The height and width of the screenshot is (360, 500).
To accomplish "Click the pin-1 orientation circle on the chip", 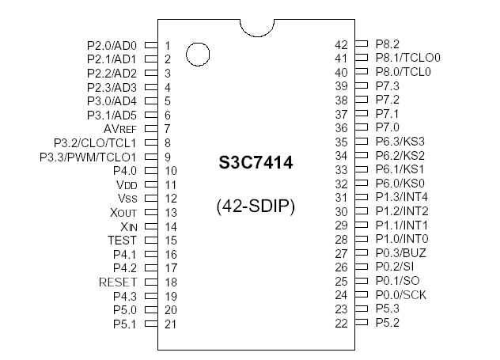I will pyautogui.click(x=198, y=55).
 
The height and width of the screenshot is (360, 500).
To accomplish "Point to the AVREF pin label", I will pyautogui.click(x=121, y=128).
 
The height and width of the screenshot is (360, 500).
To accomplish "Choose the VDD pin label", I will pyautogui.click(x=127, y=184).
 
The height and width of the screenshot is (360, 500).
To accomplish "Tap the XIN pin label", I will pyautogui.click(x=127, y=226).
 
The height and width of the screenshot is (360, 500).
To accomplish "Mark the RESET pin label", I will pyautogui.click(x=118, y=282).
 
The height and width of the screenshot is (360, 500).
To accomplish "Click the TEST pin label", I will pyautogui.click(x=122, y=240).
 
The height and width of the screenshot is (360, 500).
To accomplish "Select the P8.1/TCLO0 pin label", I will pyautogui.click(x=407, y=58).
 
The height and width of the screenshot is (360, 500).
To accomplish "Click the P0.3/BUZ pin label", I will pyautogui.click(x=401, y=253).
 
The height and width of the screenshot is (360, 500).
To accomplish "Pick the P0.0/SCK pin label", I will pyautogui.click(x=401, y=295).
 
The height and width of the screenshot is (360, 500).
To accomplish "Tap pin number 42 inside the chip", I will pyautogui.click(x=342, y=45).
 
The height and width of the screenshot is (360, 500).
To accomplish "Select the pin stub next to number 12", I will pyautogui.click(x=150, y=199).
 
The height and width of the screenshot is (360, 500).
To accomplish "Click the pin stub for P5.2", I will pyautogui.click(x=362, y=323).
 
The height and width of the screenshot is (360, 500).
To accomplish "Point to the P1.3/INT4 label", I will pyautogui.click(x=402, y=198).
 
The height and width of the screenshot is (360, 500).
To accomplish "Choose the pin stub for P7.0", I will pyautogui.click(x=362, y=127).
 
